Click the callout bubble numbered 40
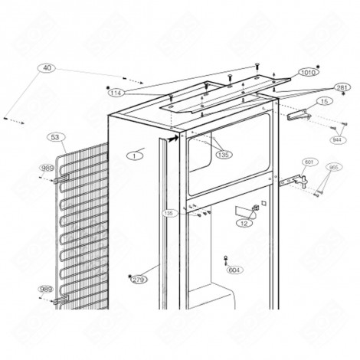[47, 68]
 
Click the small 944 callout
[336, 139]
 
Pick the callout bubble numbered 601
[309, 162]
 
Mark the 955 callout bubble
[333, 167]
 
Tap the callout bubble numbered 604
[234, 270]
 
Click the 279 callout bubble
[139, 280]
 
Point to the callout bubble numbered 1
[135, 155]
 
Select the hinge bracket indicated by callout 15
[299, 116]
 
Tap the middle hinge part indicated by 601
[295, 182]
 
